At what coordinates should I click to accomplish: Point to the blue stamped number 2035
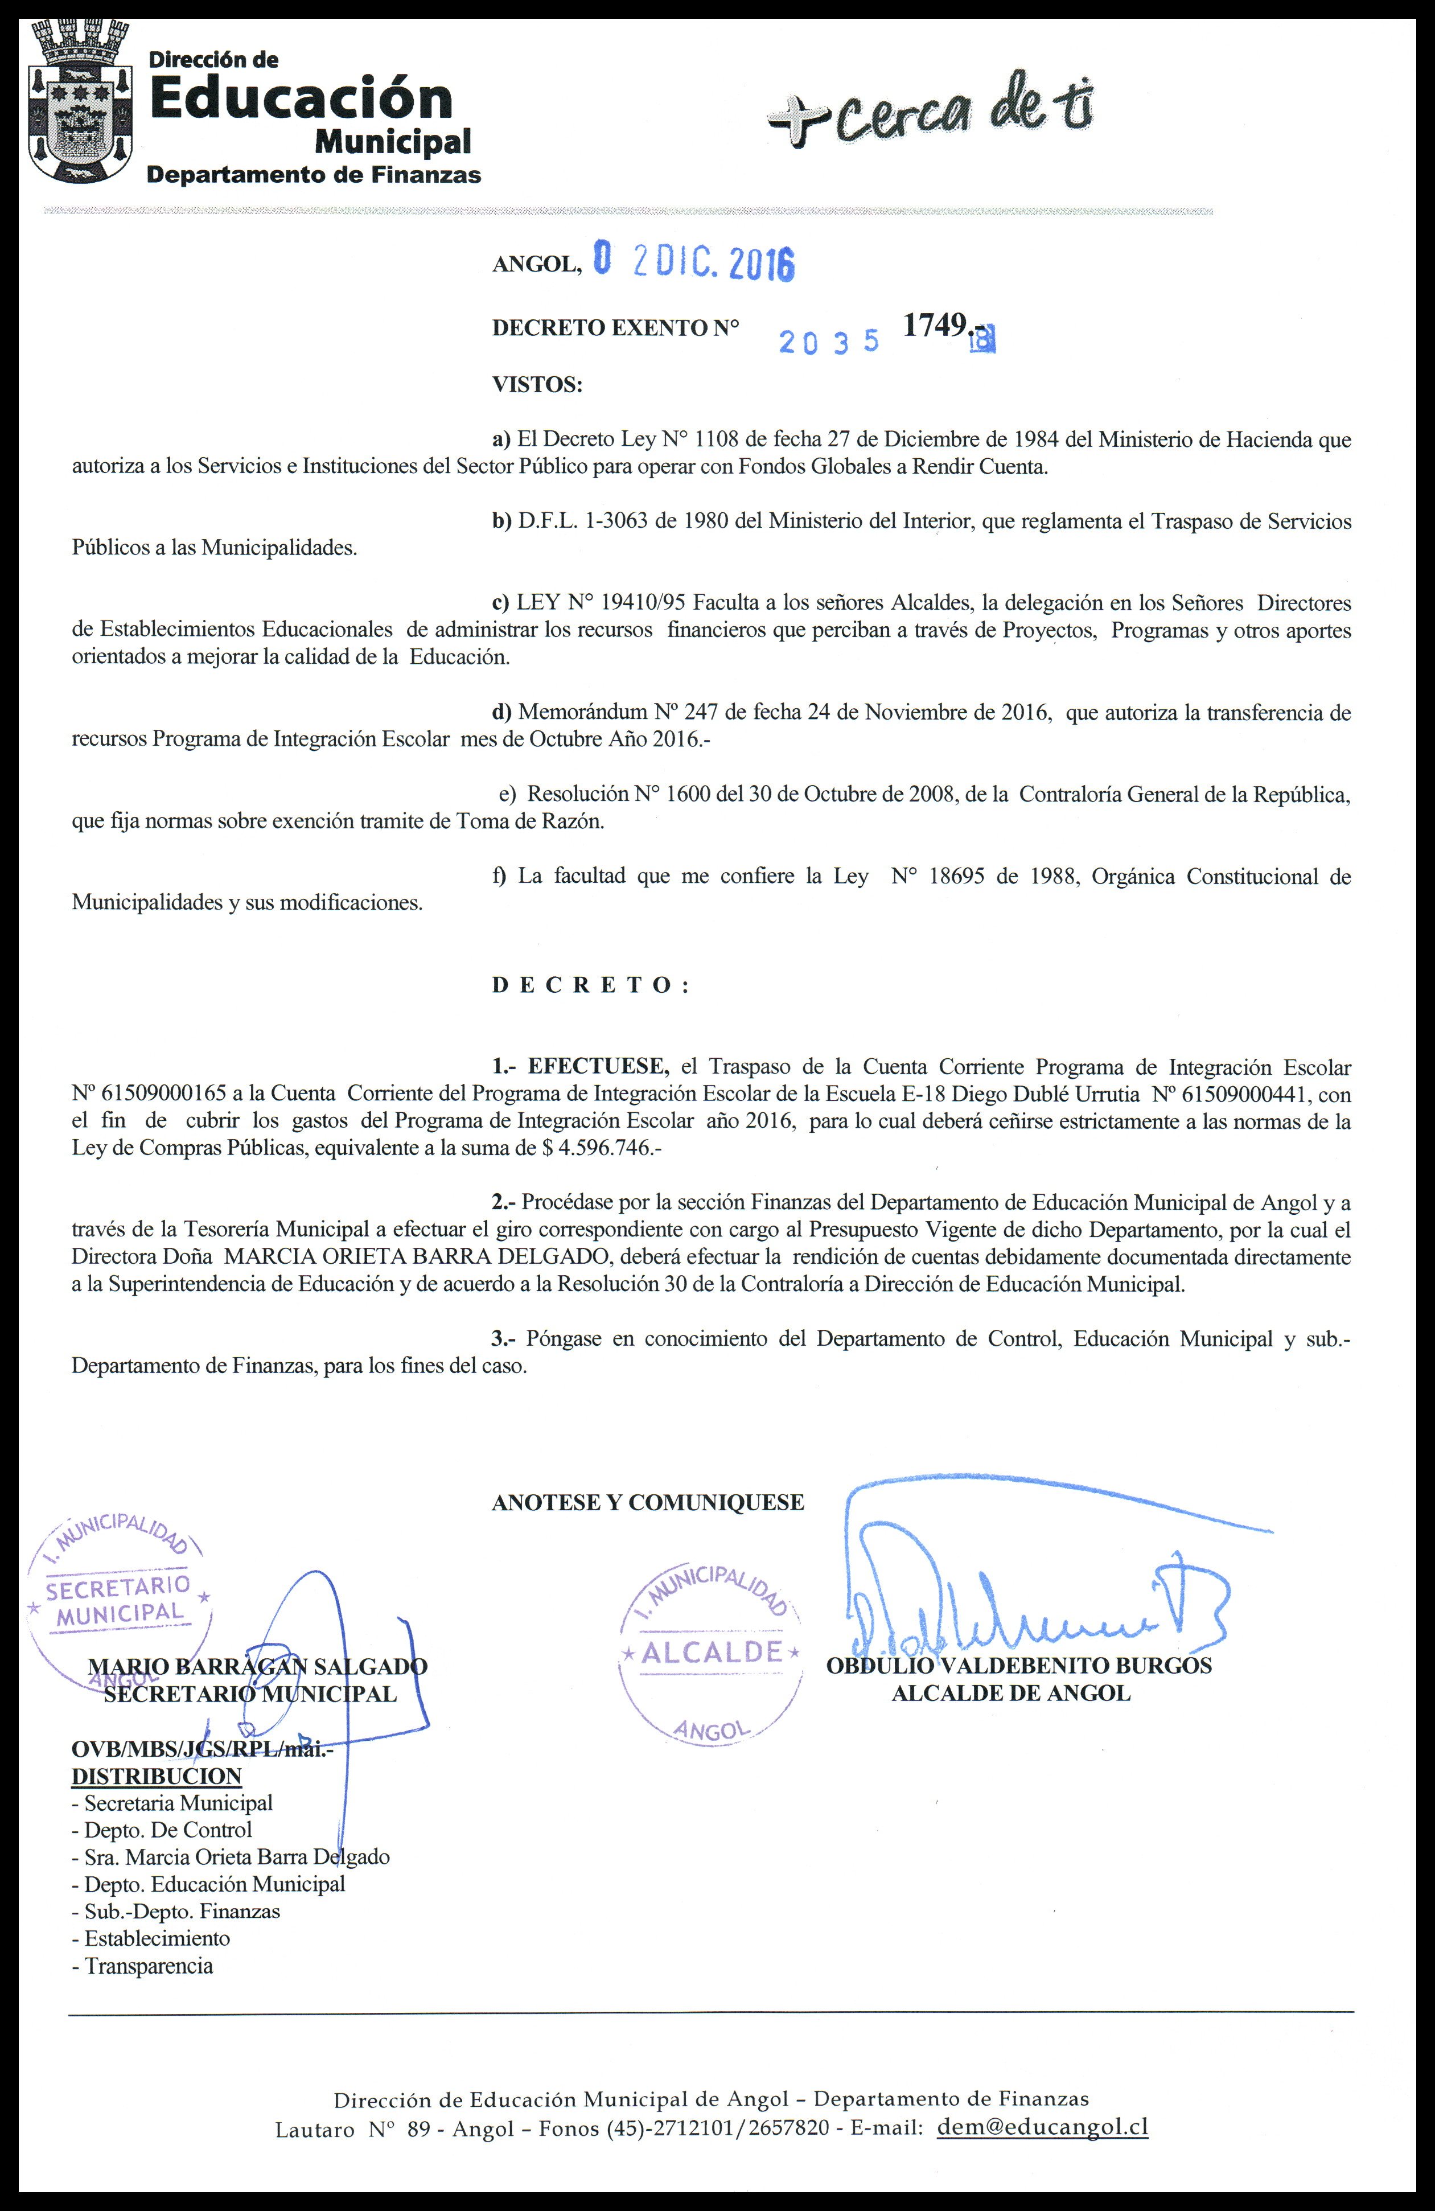[x=829, y=342]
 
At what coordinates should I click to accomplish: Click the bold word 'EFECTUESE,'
[x=599, y=1066]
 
